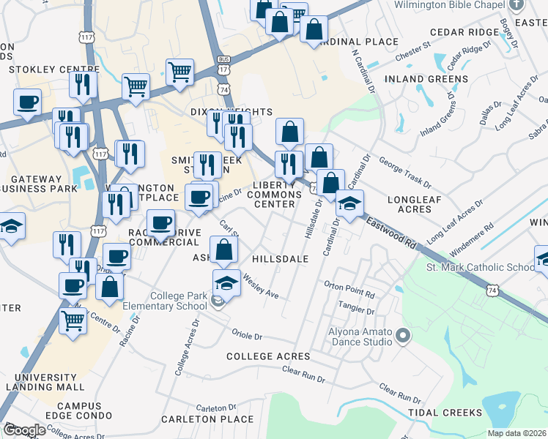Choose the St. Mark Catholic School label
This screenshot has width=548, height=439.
pos(480,267)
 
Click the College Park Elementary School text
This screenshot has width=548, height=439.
pos(167,301)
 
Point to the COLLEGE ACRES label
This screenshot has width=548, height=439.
pos(268,356)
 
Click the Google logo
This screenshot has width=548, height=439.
pos(24,430)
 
